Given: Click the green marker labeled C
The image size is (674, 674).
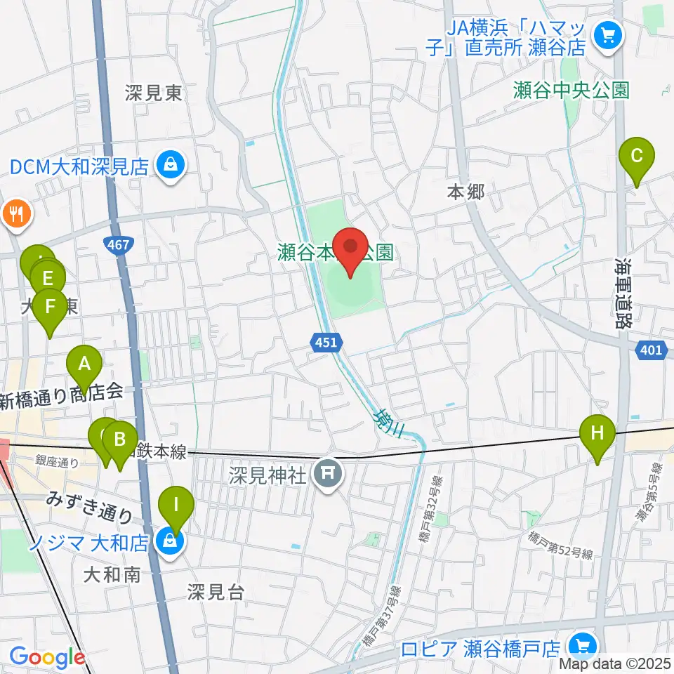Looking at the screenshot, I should click(636, 156).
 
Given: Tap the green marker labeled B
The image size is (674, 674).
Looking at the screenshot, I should click(120, 441).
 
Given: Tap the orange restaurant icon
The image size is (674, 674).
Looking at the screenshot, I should click(16, 213).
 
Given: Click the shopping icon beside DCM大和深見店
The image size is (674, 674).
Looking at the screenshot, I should click(169, 166).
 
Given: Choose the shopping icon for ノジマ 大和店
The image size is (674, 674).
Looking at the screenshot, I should click(169, 541).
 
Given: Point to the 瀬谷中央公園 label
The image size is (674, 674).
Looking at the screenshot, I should click(571, 90).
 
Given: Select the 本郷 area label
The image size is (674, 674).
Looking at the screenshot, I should click(465, 192).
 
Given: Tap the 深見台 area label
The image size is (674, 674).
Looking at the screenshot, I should click(216, 593).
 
